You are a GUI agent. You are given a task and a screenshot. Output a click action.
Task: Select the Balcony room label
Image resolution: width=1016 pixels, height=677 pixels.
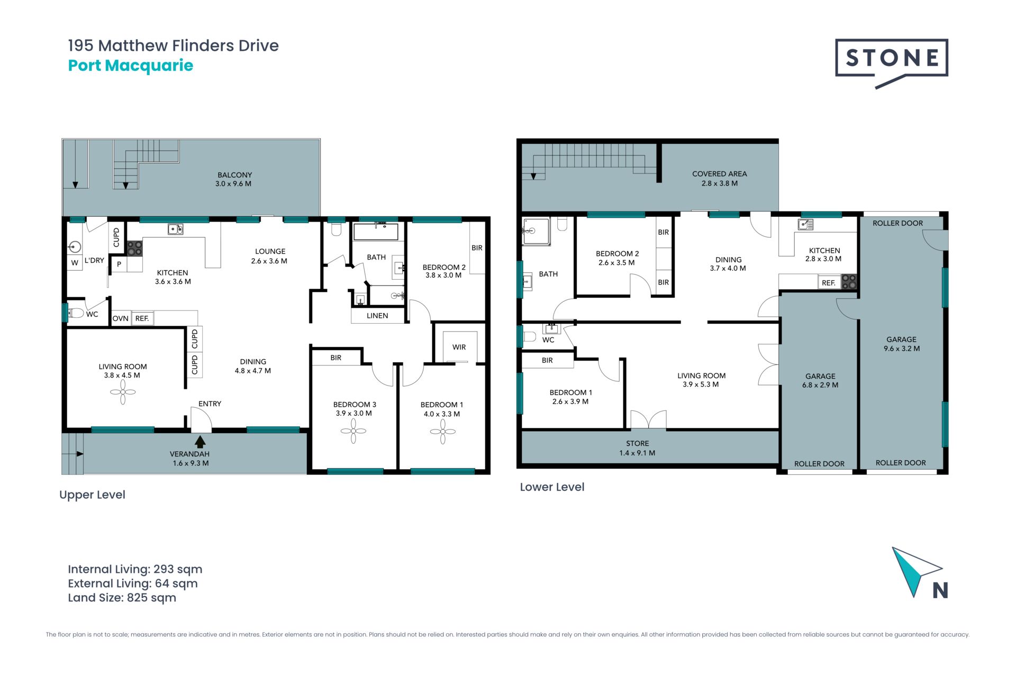tap(234, 179)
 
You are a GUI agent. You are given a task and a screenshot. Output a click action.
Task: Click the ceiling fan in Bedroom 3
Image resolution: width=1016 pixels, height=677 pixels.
tap(353, 431)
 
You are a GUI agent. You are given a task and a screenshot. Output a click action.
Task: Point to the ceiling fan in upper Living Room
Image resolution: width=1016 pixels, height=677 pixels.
tap(123, 392)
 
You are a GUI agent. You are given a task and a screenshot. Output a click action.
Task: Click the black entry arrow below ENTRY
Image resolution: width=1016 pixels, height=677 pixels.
tap(200, 441)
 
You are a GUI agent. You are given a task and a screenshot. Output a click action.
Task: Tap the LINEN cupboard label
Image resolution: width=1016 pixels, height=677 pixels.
tap(377, 316)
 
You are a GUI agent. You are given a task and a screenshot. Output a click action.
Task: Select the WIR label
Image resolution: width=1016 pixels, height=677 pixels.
tap(459, 347)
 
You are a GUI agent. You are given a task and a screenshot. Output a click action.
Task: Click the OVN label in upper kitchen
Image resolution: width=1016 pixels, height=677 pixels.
tap(121, 318)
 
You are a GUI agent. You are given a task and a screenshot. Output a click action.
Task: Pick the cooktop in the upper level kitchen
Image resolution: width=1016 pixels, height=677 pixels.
tap(134, 248)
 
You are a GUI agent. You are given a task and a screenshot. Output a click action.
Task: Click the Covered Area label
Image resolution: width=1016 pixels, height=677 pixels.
tap(720, 178)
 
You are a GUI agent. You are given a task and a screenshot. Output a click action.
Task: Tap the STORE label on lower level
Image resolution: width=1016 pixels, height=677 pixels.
tap(637, 448)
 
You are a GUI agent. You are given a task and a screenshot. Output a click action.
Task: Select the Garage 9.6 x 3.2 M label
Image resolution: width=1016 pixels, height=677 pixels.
tap(902, 344)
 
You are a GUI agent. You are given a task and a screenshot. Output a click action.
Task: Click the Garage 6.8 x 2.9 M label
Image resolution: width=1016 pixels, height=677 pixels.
tap(820, 380)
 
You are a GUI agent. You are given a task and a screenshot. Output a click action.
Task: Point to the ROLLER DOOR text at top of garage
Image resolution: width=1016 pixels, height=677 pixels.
tap(897, 223)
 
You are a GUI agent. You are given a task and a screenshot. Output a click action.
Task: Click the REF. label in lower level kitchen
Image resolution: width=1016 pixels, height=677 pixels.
tap(829, 283)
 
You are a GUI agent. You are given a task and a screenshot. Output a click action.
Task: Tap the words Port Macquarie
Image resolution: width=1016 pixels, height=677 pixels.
tap(131, 66)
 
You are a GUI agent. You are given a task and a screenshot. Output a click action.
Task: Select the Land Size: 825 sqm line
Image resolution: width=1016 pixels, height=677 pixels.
tap(122, 598)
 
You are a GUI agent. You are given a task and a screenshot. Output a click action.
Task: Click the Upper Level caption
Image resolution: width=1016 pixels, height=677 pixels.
tap(92, 495)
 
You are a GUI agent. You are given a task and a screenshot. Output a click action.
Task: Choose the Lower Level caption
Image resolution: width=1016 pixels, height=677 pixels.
tap(552, 487)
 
